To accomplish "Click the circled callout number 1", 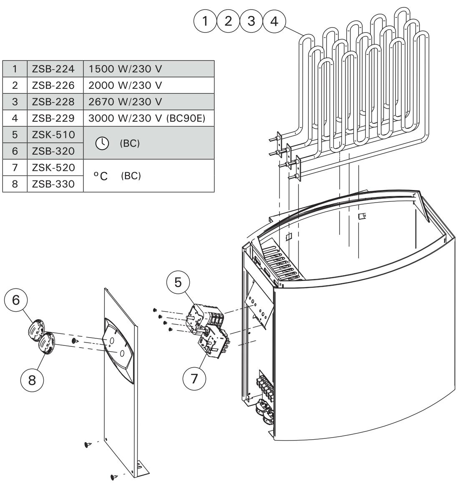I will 204,21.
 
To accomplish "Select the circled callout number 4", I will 274,21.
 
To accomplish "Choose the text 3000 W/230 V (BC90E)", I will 146,118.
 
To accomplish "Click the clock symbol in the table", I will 101,143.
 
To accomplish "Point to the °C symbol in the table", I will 101,176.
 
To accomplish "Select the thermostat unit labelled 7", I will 214,339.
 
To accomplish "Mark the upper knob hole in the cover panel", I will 112,340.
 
